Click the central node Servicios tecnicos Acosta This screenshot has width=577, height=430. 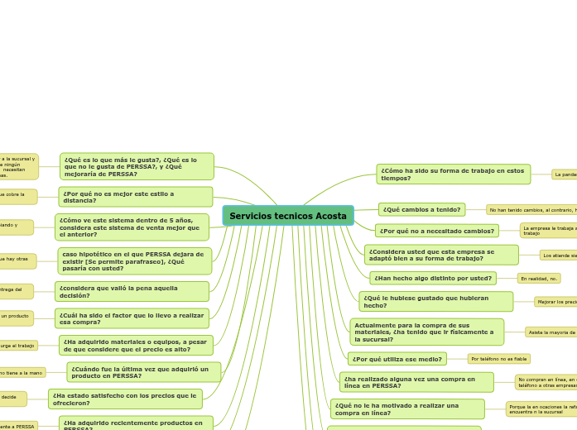(x=288, y=216)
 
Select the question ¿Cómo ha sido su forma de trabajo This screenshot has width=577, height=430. (x=453, y=174)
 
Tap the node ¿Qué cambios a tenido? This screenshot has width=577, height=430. (x=421, y=210)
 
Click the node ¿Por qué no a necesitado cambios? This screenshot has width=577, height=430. (x=436, y=231)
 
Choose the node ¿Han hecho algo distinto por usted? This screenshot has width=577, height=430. (x=432, y=278)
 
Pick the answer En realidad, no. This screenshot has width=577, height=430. (x=539, y=279)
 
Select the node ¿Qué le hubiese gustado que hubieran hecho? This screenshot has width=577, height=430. (x=435, y=302)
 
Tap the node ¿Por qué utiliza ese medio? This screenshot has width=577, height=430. (x=397, y=359)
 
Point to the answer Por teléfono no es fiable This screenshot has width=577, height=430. (x=498, y=359)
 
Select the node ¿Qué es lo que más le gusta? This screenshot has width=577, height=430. (x=137, y=166)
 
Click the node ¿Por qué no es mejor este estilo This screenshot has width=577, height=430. (x=136, y=197)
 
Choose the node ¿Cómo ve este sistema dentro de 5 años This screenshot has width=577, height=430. (x=132, y=227)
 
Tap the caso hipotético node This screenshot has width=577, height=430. (x=134, y=261)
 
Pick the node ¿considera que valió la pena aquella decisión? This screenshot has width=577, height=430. (x=132, y=292)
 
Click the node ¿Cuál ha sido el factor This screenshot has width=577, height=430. (x=132, y=318)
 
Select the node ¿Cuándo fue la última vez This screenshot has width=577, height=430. (x=143, y=372)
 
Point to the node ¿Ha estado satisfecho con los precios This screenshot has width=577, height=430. (x=125, y=399)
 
